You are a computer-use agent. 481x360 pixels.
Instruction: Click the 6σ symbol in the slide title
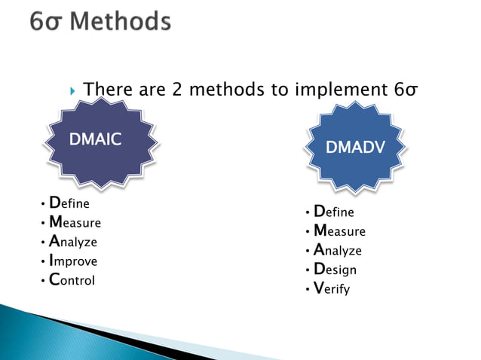[x=48, y=23]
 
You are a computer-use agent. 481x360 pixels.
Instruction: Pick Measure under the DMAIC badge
[x=75, y=223]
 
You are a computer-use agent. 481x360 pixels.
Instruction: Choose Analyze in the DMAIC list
[x=73, y=243]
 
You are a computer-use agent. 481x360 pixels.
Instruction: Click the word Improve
[x=73, y=262]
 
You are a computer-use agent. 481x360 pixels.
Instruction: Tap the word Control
[x=72, y=281]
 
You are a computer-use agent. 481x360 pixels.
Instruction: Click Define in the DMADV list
[x=334, y=212]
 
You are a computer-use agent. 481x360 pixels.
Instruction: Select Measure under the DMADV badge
[x=339, y=231]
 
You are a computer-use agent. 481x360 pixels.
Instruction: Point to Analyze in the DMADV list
[x=338, y=251]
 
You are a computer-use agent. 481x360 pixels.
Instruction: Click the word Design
[x=335, y=270]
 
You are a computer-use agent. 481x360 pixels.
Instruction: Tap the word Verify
[x=332, y=288]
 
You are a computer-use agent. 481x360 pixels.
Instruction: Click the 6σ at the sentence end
[x=406, y=91]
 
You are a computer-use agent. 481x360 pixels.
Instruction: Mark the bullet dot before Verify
[x=308, y=289]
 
